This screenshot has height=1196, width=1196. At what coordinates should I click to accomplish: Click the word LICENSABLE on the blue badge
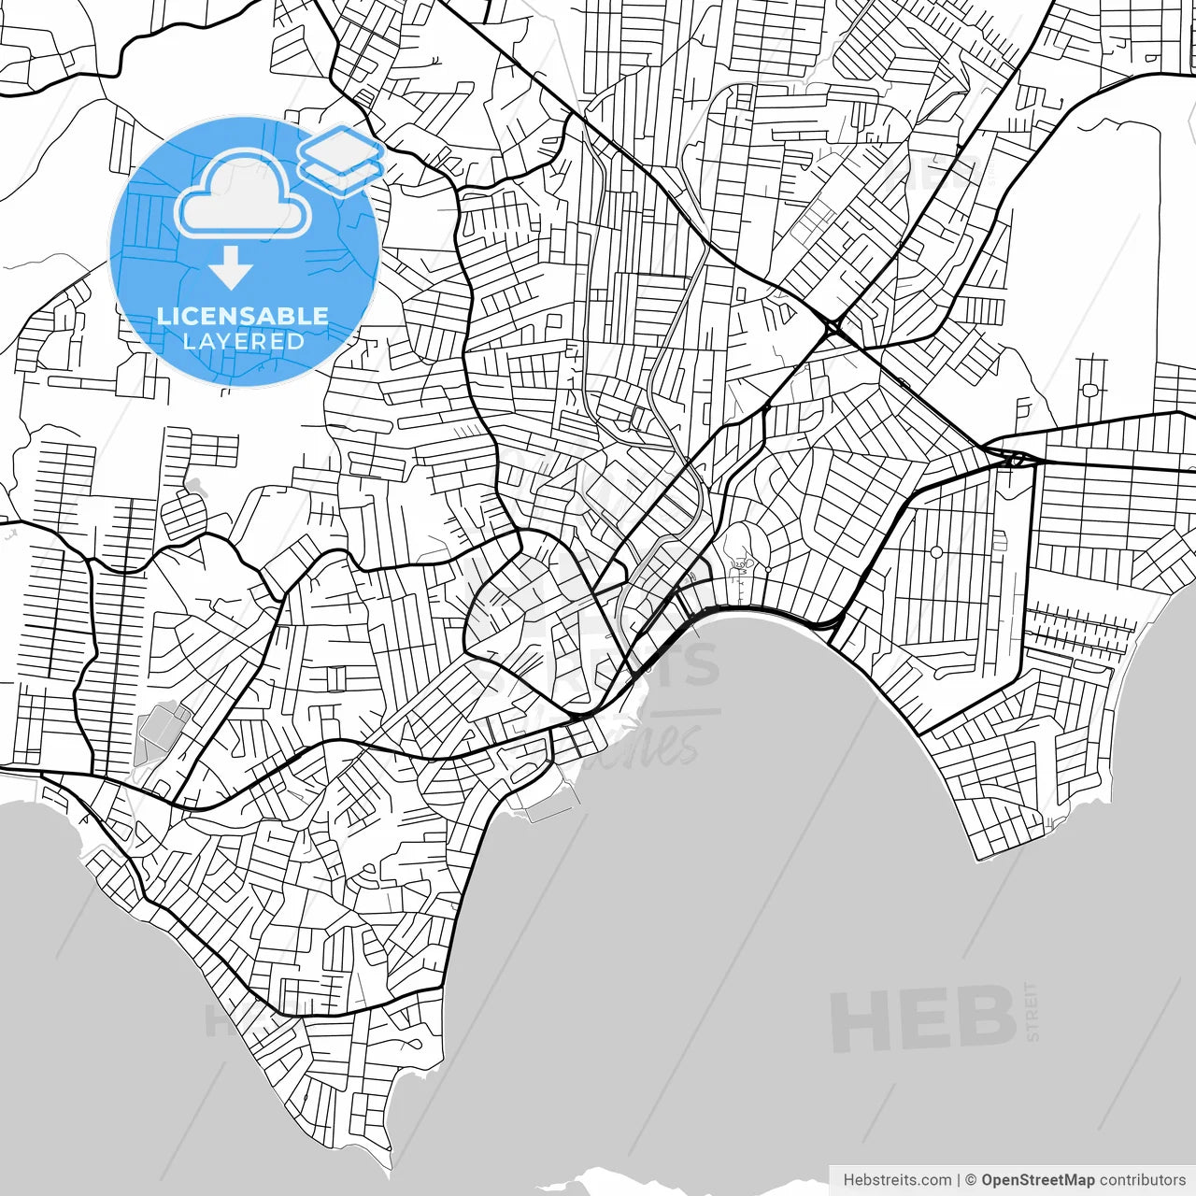point(243,316)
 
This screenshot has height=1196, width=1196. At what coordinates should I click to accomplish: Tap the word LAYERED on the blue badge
point(243,341)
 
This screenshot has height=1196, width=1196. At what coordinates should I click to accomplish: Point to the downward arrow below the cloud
point(231,267)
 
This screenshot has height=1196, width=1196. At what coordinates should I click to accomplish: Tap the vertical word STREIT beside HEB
point(1032,1011)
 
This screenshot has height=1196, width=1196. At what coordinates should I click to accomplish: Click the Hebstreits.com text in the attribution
point(897,1180)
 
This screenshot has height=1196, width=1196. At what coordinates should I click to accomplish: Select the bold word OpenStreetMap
point(1038,1180)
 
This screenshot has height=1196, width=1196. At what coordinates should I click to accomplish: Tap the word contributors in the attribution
point(1143,1180)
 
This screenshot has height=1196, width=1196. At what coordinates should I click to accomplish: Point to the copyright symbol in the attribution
point(971,1180)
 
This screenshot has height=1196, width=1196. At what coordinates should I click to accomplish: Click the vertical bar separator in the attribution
point(959,1180)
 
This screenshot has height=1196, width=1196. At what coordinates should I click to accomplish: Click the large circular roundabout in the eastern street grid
point(936,552)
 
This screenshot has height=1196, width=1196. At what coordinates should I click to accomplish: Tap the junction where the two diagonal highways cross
point(832,327)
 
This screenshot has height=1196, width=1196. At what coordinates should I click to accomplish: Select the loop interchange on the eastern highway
point(1015,459)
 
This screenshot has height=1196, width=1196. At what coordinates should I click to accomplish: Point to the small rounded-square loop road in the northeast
point(1089,390)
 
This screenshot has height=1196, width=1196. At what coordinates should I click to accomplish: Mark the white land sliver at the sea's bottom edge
point(654,1179)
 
